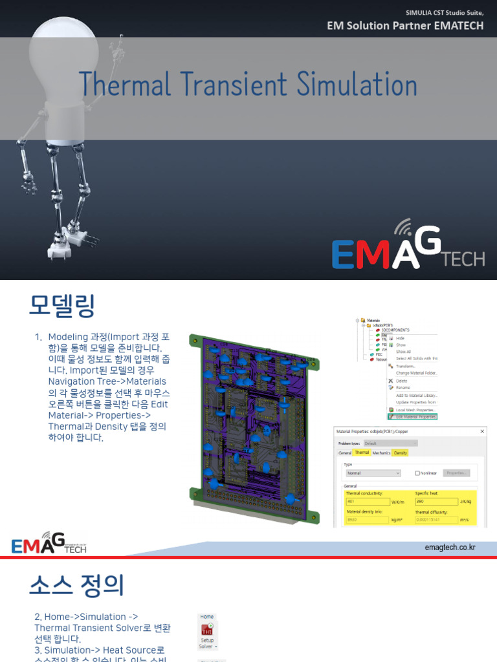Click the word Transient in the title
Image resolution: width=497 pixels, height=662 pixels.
235,85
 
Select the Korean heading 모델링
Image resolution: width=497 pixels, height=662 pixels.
61,305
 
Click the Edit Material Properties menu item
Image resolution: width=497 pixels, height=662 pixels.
415,417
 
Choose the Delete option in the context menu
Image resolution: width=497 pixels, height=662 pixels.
403,381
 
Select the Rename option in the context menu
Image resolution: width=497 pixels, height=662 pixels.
404,387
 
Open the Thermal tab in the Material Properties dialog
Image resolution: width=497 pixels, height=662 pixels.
361,453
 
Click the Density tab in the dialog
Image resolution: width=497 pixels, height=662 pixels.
401,453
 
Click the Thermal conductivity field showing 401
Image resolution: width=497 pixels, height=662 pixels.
366,501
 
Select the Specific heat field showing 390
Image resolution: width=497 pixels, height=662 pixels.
434,501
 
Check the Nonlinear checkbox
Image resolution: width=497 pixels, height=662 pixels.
417,473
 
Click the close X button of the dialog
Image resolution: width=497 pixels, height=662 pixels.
481,431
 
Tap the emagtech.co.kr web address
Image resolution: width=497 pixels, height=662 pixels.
450,548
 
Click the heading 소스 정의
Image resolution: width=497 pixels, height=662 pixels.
76,585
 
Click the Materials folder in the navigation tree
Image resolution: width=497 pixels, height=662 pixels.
373,320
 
